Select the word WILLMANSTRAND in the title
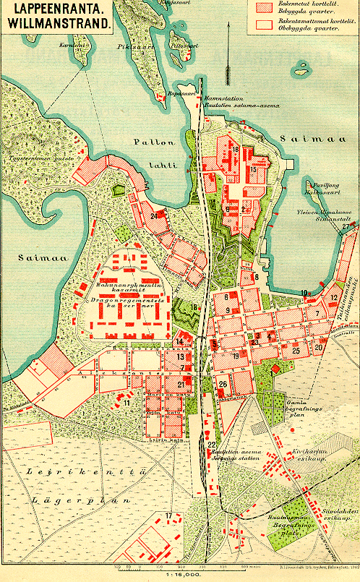click(59, 23)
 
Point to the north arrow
click(227, 58)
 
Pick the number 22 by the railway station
click(211, 444)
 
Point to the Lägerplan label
click(80, 499)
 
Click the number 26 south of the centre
click(223, 384)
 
